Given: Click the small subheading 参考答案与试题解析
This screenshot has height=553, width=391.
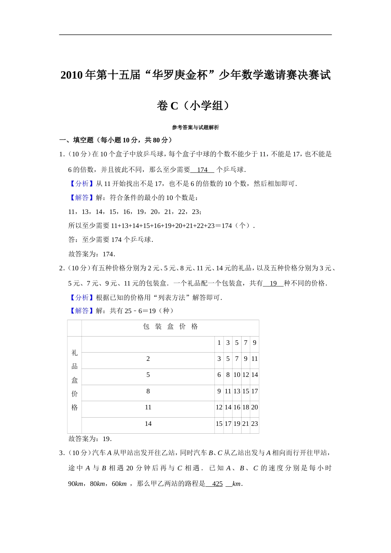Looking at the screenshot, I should click(x=195, y=128).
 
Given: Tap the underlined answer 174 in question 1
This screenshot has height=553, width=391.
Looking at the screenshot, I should click(x=202, y=170).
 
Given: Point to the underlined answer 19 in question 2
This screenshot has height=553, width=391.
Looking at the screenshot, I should click(x=273, y=283).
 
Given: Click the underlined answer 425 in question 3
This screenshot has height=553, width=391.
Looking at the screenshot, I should click(x=217, y=484).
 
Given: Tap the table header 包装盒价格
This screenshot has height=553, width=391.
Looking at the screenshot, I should click(x=170, y=327).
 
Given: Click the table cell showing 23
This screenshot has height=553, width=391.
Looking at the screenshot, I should click(x=254, y=424).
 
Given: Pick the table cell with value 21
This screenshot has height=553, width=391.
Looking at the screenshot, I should click(x=246, y=424).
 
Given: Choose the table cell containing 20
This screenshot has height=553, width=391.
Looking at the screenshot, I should click(x=254, y=407).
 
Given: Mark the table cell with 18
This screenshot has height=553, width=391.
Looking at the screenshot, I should click(x=246, y=407).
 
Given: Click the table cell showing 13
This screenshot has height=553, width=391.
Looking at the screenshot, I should click(x=237, y=391).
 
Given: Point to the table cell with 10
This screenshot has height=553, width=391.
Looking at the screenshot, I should click(x=237, y=375).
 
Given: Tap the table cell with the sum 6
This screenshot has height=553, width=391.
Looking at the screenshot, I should click(x=219, y=375).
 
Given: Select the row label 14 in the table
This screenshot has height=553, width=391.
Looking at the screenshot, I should click(x=148, y=424).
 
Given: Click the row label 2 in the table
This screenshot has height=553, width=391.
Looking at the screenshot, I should click(x=148, y=359).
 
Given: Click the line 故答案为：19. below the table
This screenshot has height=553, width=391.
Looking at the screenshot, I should click(x=90, y=439).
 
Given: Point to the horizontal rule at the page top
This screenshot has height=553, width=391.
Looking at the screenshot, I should click(x=195, y=35).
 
